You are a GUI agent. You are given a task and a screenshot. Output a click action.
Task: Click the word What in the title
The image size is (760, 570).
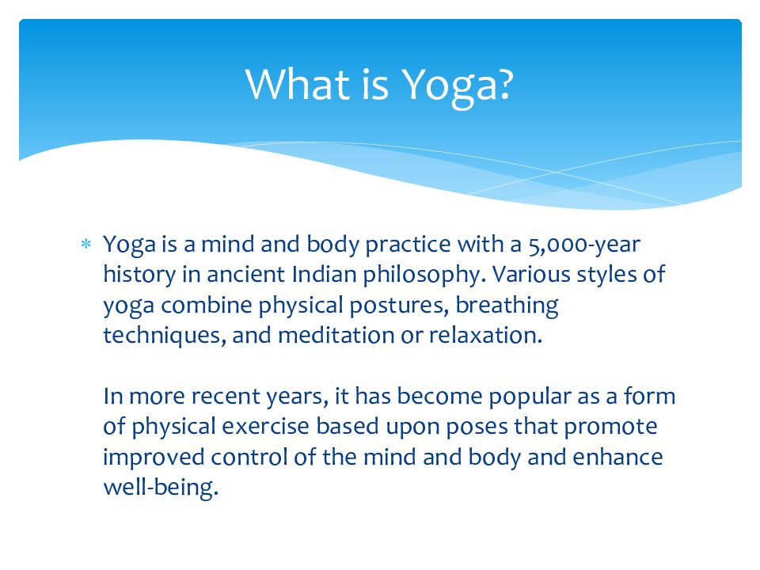click(298, 85)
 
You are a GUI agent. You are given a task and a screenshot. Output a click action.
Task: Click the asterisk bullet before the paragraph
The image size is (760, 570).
click(85, 244)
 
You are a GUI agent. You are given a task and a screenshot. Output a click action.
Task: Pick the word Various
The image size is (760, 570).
click(531, 275)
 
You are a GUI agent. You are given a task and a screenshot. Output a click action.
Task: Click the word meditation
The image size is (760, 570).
click(336, 336)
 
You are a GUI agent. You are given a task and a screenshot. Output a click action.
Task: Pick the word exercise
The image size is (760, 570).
click(266, 427)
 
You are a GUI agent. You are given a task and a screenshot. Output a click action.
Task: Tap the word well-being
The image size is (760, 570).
click(161, 488)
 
